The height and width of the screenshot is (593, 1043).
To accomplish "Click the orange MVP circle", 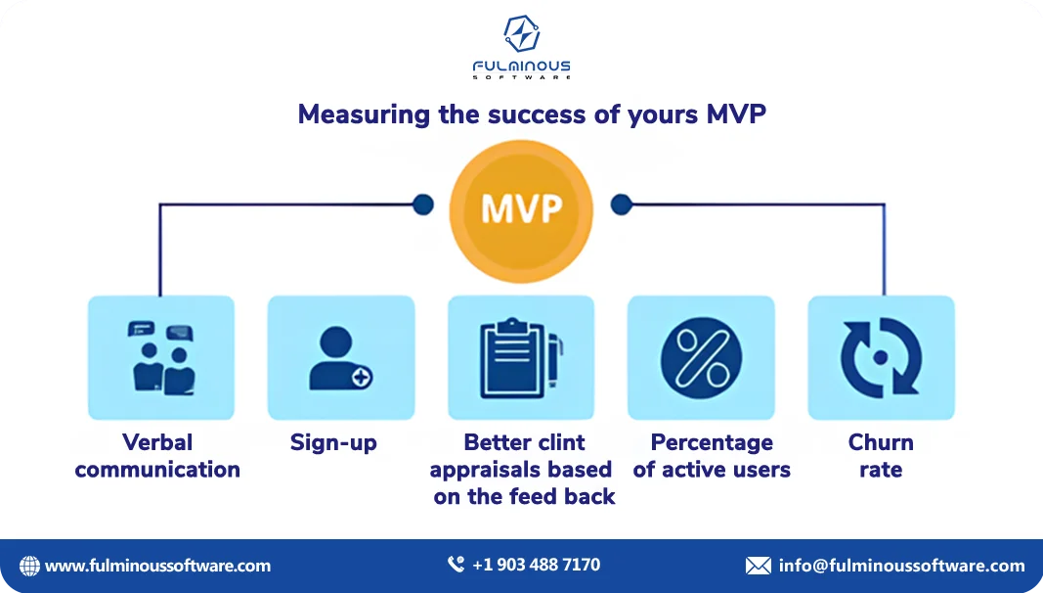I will pyautogui.click(x=521, y=209).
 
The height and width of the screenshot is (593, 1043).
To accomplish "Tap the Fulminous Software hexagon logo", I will pyautogui.click(x=521, y=33).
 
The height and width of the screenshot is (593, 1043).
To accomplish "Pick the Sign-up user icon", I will pyautogui.click(x=340, y=358).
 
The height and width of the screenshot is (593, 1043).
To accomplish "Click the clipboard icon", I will pyautogui.click(x=521, y=358).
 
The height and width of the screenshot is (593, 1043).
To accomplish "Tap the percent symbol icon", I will pyautogui.click(x=701, y=358).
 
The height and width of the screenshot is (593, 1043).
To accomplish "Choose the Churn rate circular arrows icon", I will pyautogui.click(x=881, y=358).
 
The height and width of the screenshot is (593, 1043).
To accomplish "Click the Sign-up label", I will pyautogui.click(x=333, y=443).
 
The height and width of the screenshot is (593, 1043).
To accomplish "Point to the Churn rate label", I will pyautogui.click(x=881, y=456).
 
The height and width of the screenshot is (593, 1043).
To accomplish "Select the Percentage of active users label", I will pyautogui.click(x=712, y=456).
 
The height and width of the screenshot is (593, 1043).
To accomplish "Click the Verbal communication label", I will pyautogui.click(x=157, y=456).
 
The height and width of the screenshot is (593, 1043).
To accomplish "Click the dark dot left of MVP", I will pyautogui.click(x=423, y=205).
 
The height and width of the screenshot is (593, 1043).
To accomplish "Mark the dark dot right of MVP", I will pyautogui.click(x=621, y=205).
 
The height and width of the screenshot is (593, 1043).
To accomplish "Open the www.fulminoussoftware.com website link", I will pyautogui.click(x=158, y=566).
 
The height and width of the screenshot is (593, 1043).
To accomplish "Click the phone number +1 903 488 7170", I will pyautogui.click(x=536, y=565).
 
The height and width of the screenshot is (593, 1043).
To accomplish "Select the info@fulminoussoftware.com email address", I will pyautogui.click(x=901, y=566).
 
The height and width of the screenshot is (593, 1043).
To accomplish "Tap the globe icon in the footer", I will pyautogui.click(x=30, y=566).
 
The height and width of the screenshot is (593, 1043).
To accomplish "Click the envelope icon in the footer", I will pyautogui.click(x=758, y=566).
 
